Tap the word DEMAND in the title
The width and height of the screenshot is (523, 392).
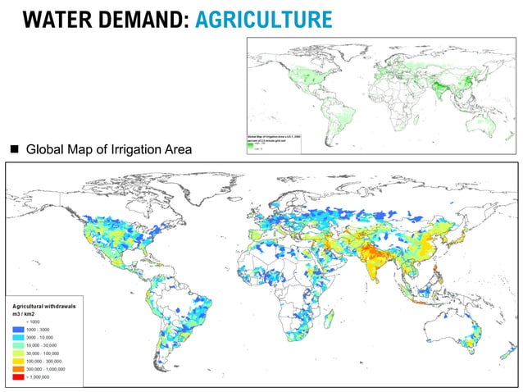coord(141,19)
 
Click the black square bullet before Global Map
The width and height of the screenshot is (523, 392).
coord(14,149)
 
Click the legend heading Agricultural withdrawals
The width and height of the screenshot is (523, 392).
coord(45,305)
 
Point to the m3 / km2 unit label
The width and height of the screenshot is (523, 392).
coord(26,313)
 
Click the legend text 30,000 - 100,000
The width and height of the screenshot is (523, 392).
coord(47,353)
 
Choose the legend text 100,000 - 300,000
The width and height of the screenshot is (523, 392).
coord(48,362)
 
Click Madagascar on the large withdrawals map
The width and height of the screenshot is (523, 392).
coord(330,317)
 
